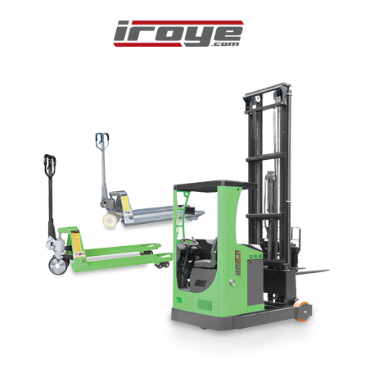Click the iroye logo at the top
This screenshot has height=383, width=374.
click(x=178, y=34)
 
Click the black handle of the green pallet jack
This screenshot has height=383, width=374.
click(x=50, y=166)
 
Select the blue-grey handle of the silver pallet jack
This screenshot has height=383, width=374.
click(x=102, y=141)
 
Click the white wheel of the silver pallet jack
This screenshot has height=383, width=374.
click(x=110, y=220)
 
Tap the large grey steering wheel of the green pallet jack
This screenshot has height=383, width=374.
click(x=58, y=265)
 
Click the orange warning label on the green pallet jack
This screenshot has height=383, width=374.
click(x=77, y=242)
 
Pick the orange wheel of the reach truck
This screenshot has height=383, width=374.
click(x=304, y=310)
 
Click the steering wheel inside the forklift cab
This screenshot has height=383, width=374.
click(x=190, y=242)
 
